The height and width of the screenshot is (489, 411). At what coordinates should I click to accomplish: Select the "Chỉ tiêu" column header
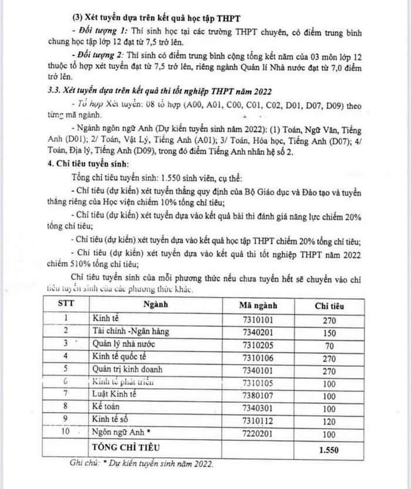[329, 305]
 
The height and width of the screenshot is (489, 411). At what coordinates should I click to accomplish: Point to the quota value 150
[329, 332]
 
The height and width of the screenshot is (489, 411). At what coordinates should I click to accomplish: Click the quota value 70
[329, 345]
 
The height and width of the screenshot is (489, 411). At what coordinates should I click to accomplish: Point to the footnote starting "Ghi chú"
[142, 464]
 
